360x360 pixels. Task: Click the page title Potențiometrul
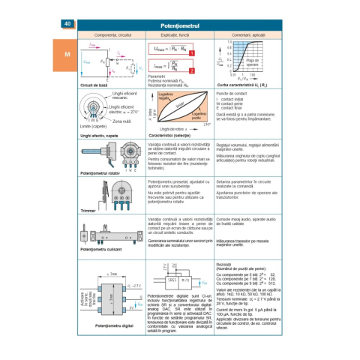click(181, 25)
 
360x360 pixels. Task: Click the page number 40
click(67, 25)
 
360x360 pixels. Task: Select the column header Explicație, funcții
click(178, 35)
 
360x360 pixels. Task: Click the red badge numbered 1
click(192, 54)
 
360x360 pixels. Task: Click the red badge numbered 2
click(192, 70)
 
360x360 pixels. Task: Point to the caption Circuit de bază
click(95, 85)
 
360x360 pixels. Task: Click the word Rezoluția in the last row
click(226, 264)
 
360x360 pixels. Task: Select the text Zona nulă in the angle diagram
click(119, 120)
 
